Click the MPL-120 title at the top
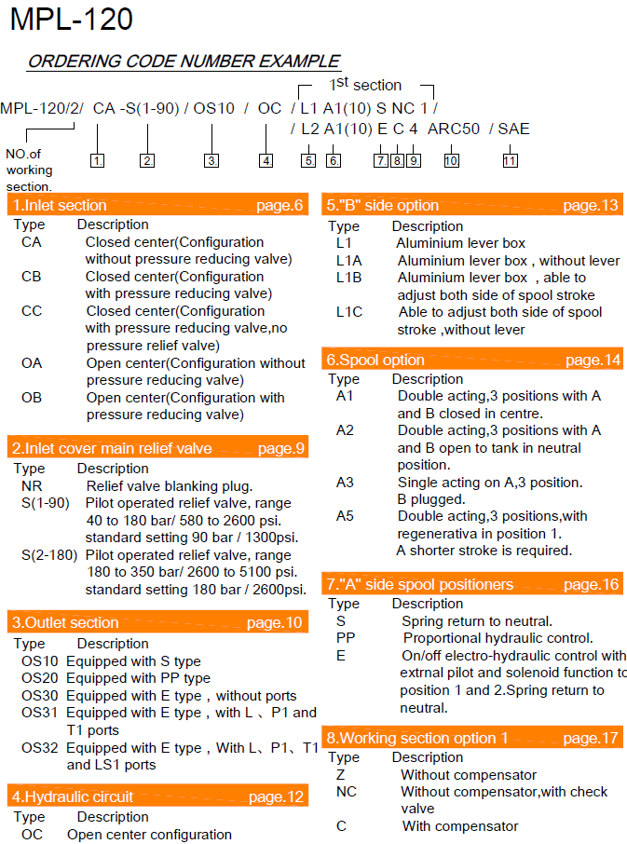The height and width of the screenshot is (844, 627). (x=71, y=20)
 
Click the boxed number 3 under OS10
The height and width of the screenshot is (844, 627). (x=211, y=160)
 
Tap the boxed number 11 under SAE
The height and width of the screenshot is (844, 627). (x=510, y=160)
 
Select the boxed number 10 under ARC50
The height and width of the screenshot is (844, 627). (x=451, y=160)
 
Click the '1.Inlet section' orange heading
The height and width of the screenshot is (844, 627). (x=60, y=205)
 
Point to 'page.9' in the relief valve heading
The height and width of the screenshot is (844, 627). (x=280, y=449)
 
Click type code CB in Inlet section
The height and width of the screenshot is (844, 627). (x=32, y=277)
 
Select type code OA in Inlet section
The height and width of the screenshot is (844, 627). (x=32, y=363)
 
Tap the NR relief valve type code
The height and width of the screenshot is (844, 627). (x=32, y=486)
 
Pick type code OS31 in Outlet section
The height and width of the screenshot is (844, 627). (x=40, y=713)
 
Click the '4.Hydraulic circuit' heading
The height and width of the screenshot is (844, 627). (x=73, y=796)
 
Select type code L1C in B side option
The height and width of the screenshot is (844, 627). (x=349, y=312)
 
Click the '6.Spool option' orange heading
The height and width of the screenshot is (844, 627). (x=375, y=360)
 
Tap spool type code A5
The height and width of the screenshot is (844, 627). (x=346, y=515)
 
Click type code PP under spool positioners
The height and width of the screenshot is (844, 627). (x=346, y=638)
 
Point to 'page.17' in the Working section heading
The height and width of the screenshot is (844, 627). (x=591, y=738)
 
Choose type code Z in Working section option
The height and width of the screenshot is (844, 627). (x=341, y=774)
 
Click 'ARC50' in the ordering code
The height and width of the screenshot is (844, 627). (x=454, y=129)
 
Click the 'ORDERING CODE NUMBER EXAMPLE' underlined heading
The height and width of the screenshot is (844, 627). (x=184, y=62)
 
